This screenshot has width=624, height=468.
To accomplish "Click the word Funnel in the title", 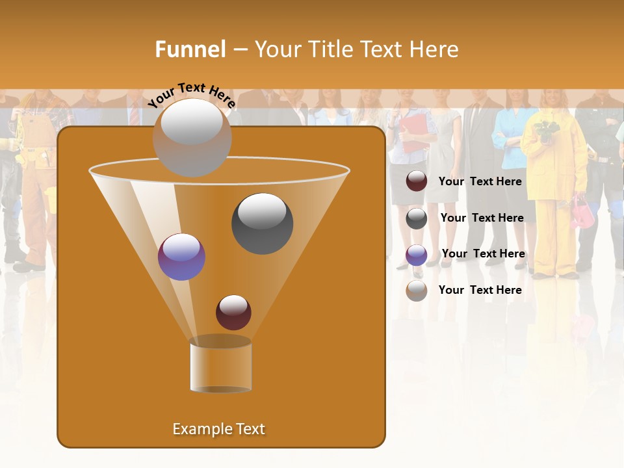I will coord(190,49).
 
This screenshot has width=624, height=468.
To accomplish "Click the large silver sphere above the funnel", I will coord(192,137).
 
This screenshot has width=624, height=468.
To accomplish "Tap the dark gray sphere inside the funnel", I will coord(262,224).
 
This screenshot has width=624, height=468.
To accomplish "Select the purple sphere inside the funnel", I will coord(181,257).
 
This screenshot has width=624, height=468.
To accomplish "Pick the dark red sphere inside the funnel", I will coord(233,312).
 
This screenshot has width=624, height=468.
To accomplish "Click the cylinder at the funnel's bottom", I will coord(221,365).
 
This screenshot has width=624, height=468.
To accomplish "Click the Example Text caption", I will coord(218,429).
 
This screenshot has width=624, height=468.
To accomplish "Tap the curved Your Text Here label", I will coord(191,95).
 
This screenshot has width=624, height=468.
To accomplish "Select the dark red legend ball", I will coord(417,181).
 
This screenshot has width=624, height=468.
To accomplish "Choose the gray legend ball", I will coord(417,218).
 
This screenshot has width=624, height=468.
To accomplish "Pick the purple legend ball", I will coord(417,255).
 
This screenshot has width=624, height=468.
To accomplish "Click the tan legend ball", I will coord(417,291).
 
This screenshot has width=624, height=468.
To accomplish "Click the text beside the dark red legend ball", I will coord(480,181).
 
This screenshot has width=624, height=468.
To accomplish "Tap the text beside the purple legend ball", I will coord(483,253).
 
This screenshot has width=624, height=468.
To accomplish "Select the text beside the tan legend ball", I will coord(480,290).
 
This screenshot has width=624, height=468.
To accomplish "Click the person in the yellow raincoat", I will coord(553,188).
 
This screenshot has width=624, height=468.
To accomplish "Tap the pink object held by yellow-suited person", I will coord(582,213).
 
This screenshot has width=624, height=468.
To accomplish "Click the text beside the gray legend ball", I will coord(482,218).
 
